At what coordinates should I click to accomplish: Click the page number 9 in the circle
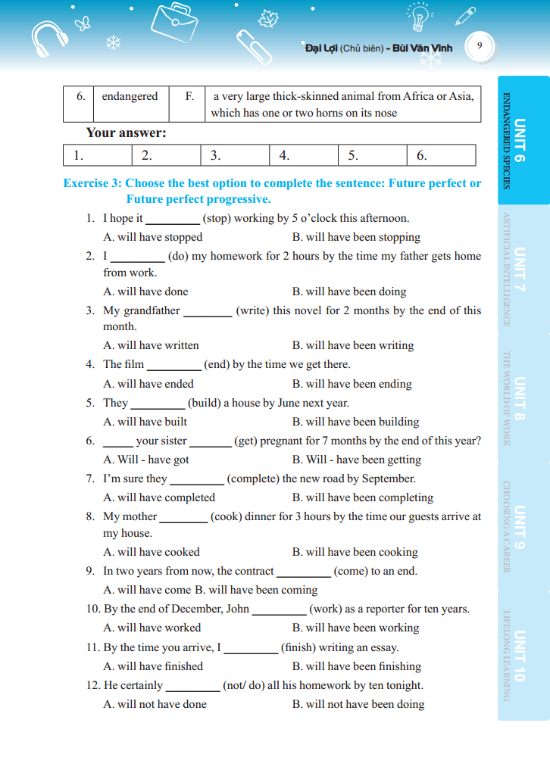point(479,45)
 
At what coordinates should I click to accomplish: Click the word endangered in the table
point(130,96)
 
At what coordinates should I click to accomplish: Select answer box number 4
point(303,155)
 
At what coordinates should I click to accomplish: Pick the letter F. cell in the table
point(189,96)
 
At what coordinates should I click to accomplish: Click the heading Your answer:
point(126,132)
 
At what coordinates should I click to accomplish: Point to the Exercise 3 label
point(92,183)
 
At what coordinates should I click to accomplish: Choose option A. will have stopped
point(152,237)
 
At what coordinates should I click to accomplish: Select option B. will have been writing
point(353,345)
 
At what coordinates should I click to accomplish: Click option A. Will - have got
point(146,460)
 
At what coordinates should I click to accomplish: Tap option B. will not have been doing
point(358,704)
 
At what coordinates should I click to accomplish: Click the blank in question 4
point(173,365)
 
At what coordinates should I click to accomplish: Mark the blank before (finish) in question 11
point(251,648)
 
